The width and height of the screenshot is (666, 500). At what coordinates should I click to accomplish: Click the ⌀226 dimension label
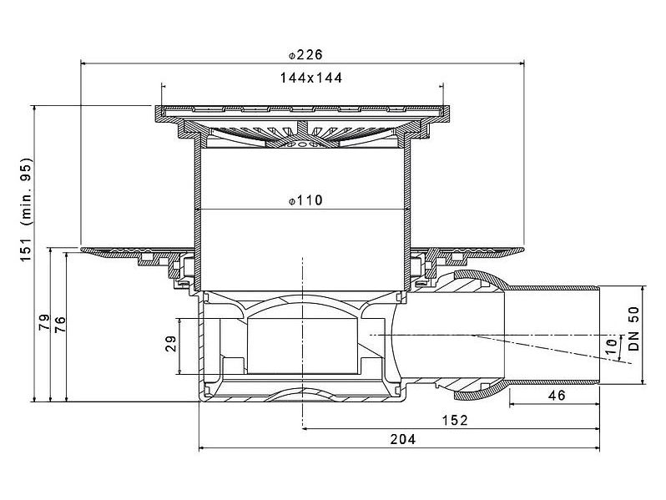point(305,55)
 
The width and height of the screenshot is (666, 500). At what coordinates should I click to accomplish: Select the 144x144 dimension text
point(311,78)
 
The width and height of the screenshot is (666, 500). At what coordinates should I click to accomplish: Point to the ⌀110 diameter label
point(305,200)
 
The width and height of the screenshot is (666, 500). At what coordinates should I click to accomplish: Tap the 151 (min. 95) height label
point(27,210)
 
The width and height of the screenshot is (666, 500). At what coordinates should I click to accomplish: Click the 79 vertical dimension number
point(44,322)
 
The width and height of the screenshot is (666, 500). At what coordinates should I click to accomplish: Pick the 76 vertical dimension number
point(60,325)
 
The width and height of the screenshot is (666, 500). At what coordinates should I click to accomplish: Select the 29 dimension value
point(171,344)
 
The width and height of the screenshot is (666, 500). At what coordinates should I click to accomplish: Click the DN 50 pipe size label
point(633,329)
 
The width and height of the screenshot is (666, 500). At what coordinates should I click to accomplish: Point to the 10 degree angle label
point(611,346)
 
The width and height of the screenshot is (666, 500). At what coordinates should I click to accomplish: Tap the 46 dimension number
point(557,396)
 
